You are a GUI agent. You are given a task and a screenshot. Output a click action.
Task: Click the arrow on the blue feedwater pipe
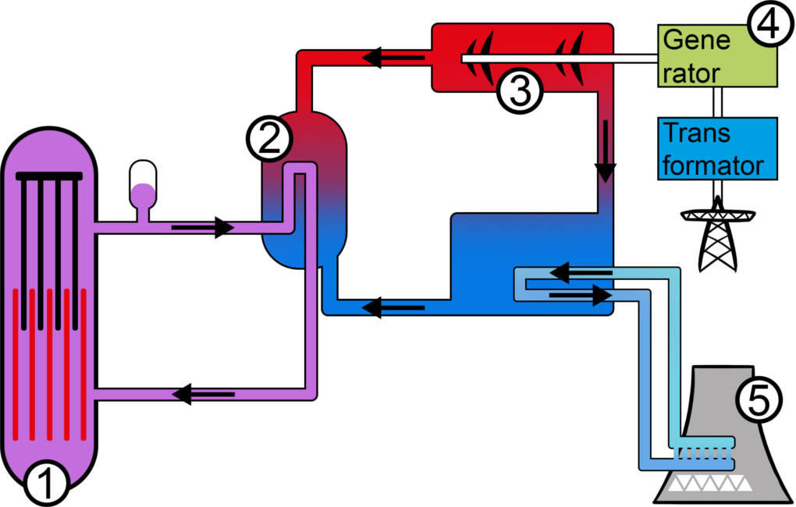coord(394,307)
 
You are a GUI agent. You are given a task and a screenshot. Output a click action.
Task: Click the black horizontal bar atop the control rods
coord(48,175)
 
